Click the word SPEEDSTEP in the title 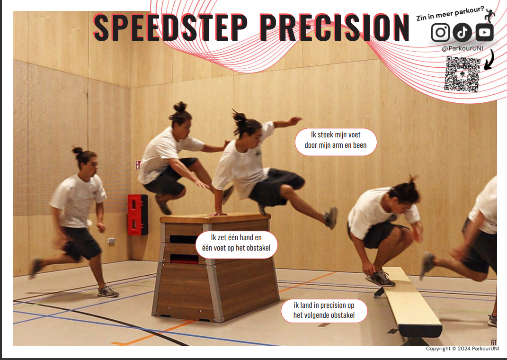click(170, 27)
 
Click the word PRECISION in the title click(334, 27)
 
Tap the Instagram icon click(440, 32)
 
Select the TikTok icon click(462, 32)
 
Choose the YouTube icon click(484, 32)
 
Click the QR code click(462, 74)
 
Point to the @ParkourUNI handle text click(463, 48)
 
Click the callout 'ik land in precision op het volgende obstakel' click(324, 311)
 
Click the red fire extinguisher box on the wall click(137, 215)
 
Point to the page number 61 click(493, 342)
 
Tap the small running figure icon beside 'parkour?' click(489, 16)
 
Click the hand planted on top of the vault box click(217, 213)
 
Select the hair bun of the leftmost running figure click(78, 151)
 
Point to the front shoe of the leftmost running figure click(108, 292)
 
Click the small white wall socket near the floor click(111, 241)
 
